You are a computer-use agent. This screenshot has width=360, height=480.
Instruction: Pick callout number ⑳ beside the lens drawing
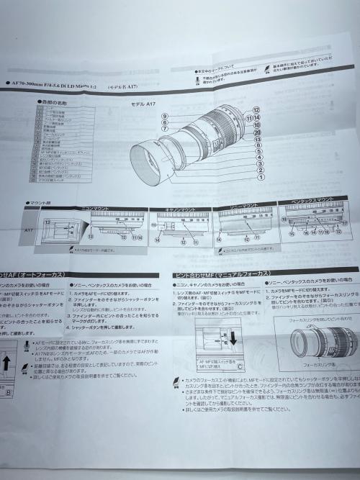tap(257, 132)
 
